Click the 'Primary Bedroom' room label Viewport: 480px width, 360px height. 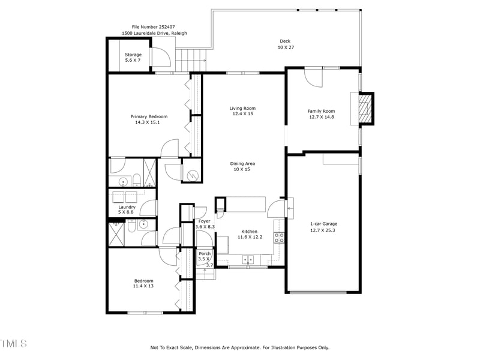[x=149, y=116]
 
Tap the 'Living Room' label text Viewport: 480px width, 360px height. [x=242, y=109]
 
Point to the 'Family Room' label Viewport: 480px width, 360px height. [x=321, y=112]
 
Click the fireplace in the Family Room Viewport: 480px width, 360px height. [x=364, y=109]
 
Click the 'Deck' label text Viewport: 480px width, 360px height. [x=284, y=41]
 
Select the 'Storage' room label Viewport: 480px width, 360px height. [x=133, y=55]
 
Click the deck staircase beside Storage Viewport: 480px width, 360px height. [x=191, y=59]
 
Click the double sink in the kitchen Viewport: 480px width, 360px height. [x=248, y=260]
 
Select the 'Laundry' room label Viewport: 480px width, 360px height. [x=127, y=207]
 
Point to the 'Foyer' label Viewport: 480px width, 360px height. [x=203, y=221]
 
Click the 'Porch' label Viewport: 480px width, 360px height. [x=205, y=253]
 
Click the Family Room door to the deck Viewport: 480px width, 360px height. [x=313, y=76]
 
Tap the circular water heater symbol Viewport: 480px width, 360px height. [x=192, y=175]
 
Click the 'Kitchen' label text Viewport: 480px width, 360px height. [x=249, y=232]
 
